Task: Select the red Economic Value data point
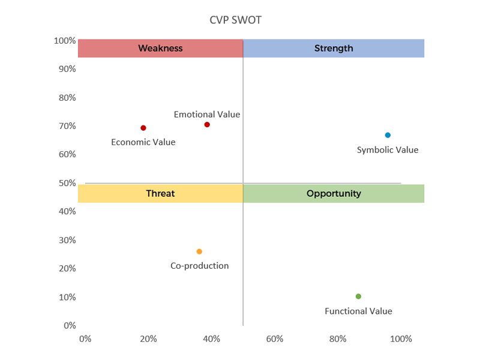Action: click(143, 128)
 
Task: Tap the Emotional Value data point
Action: click(207, 125)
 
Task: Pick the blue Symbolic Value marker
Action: click(388, 135)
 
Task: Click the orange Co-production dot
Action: click(199, 251)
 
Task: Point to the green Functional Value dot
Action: click(358, 296)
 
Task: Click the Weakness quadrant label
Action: click(160, 48)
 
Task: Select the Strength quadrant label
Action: click(334, 48)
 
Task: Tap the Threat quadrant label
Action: click(160, 193)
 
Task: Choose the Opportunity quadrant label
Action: click(334, 193)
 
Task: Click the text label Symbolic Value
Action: click(388, 150)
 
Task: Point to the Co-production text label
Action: click(200, 266)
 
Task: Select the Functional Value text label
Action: click(358, 311)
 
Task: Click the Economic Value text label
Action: click(143, 142)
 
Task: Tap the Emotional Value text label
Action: click(207, 114)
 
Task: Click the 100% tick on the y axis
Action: click(65, 41)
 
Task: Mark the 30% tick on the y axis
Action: click(67, 240)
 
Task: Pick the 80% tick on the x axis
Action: click(338, 338)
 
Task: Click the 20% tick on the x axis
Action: click(148, 338)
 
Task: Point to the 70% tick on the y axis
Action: click(67, 126)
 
